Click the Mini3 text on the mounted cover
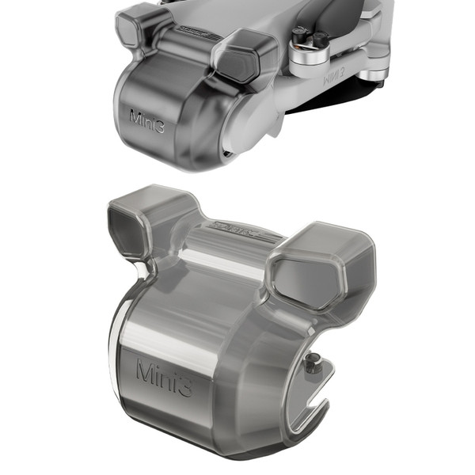(x=147, y=120)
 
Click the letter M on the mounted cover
(x=135, y=116)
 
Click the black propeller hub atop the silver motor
(x=310, y=37)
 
